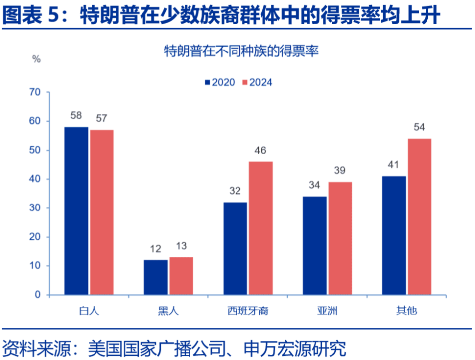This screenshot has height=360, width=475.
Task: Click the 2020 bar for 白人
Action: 76,211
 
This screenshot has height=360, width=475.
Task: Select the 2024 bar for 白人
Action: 102,212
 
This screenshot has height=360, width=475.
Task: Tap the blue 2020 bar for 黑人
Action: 156,277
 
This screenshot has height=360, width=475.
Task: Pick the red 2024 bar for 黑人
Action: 181,276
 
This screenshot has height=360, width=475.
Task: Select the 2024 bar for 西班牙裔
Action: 260,228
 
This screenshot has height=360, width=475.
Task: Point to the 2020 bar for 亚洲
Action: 315,246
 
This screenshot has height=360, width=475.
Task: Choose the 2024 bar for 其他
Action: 420,216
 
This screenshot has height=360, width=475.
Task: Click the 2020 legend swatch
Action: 208,82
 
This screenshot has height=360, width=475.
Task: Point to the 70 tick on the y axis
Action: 35,92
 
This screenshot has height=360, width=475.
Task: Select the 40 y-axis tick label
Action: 35,179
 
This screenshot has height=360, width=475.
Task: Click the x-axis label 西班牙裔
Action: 248,311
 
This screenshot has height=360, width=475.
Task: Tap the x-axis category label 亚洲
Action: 327,311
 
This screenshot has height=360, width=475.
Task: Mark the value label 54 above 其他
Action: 420,127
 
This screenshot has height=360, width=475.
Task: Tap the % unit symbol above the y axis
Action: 36,59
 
